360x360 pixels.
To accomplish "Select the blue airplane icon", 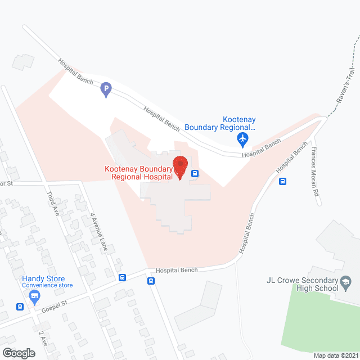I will pos(243,138).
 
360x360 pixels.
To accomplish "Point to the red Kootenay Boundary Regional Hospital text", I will pos(141,173).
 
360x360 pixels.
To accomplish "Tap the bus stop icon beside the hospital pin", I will pos(195,173).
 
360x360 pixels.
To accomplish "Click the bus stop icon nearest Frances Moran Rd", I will pos(282,181).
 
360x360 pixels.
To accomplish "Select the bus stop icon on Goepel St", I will pos(20,307).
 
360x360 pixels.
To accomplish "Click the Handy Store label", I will pos(43,279).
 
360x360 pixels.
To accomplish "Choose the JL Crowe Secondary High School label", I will pos(302,284).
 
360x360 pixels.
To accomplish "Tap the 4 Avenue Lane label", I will pos(97,230).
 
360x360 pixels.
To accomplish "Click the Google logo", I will pos(18,353).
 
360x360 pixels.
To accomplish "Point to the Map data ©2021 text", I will pos(335,355).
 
